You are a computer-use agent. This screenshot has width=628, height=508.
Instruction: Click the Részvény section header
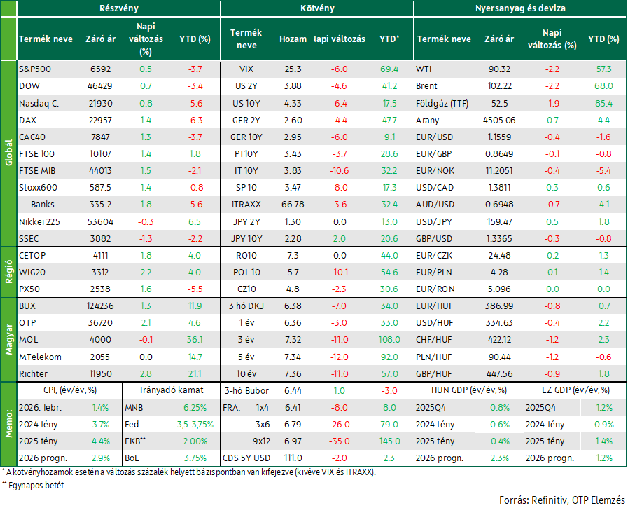point(119,8)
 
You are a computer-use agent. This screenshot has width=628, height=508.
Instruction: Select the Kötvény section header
point(317,8)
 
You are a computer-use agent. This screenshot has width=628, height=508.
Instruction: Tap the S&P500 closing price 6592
point(100,69)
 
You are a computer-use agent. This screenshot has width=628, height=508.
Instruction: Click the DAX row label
point(27,121)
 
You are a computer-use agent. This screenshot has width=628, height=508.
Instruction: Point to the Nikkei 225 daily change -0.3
point(146,221)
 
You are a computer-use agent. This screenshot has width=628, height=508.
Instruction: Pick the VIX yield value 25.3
point(293,69)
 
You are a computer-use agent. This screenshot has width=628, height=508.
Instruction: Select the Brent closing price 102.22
point(499,85)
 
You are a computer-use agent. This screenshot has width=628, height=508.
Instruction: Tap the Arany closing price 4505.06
point(499,121)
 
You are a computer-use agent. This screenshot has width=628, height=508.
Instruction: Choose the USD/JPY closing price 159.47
point(499,221)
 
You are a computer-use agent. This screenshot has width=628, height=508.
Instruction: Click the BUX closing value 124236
point(100,306)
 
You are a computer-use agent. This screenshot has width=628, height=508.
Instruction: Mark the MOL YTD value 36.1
point(195,340)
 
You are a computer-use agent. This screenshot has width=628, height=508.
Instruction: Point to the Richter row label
point(33,373)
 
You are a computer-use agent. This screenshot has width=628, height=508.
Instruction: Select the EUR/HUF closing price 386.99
point(499,306)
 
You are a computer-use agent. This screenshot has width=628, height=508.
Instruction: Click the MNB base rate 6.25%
point(195,407)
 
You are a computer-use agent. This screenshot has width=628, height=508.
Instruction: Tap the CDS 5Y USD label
point(246,458)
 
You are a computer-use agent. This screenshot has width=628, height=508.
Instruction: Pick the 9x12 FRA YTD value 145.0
point(389,441)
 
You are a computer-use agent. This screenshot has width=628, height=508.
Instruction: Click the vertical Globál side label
point(8,153)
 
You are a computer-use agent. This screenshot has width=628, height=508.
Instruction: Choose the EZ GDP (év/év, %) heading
point(575,390)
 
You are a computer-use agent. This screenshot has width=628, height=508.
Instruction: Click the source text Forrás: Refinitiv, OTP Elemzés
point(562,500)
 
